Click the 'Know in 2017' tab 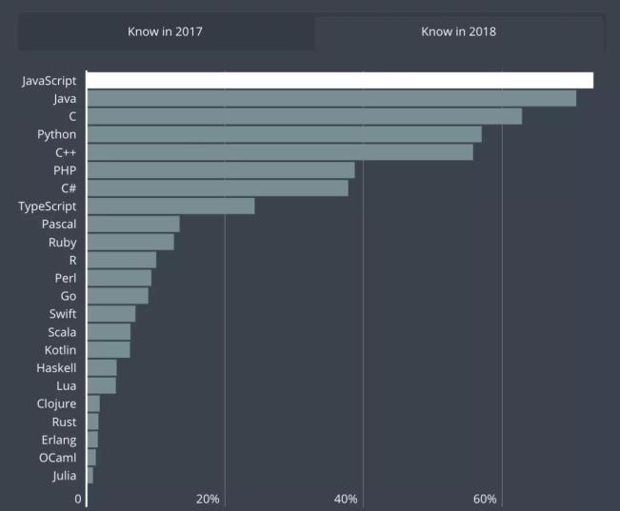coord(165,31)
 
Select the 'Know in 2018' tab coord(458,31)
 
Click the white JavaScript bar coord(339,80)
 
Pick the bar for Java coord(330,98)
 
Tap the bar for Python coord(284,134)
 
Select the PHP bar coord(220,170)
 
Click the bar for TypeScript coord(170,206)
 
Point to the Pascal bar coord(132,224)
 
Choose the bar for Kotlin coord(108,349)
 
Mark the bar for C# coord(217,188)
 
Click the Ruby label coord(62,243)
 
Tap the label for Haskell coord(56,367)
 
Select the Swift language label coord(63,313)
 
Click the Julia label coord(65,475)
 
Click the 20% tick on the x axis coord(208,499)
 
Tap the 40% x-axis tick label coord(346,499)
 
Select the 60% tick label coord(485,499)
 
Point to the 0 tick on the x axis coord(78,499)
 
